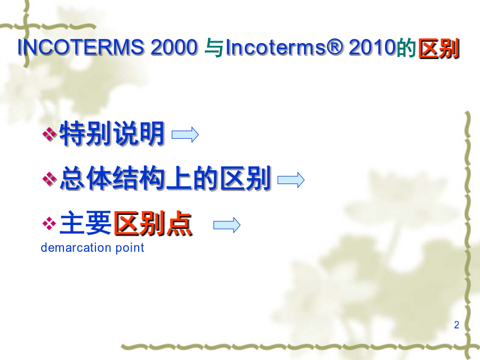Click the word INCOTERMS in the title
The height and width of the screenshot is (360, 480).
pyautogui.click(x=81, y=47)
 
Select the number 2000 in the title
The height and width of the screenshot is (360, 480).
pyautogui.click(x=174, y=47)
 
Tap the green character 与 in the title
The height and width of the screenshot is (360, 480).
pyautogui.click(x=214, y=48)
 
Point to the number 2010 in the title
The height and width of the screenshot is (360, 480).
pyautogui.click(x=372, y=47)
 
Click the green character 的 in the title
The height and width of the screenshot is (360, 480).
pyautogui.click(x=406, y=48)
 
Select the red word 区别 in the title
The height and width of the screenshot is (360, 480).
pyautogui.click(x=439, y=49)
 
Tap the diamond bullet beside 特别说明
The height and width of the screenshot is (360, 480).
pyautogui.click(x=49, y=134)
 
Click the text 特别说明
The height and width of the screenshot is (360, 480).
pyautogui.click(x=112, y=133)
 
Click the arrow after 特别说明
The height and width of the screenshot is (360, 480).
pyautogui.click(x=185, y=134)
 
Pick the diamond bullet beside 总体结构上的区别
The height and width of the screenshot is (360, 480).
pyautogui.click(x=49, y=179)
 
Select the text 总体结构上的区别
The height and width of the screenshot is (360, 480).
pyautogui.click(x=165, y=178)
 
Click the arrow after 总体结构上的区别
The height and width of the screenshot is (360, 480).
pyautogui.click(x=291, y=180)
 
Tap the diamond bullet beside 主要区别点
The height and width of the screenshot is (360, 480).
pyautogui.click(x=49, y=223)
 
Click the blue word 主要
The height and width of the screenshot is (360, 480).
pyautogui.click(x=85, y=223)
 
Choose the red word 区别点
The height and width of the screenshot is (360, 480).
pyautogui.click(x=153, y=223)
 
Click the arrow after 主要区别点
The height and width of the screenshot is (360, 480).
pyautogui.click(x=227, y=225)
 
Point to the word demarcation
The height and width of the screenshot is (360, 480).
pyautogui.click(x=76, y=247)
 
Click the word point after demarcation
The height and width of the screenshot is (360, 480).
pyautogui.click(x=130, y=248)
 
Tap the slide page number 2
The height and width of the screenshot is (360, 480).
pyautogui.click(x=457, y=324)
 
